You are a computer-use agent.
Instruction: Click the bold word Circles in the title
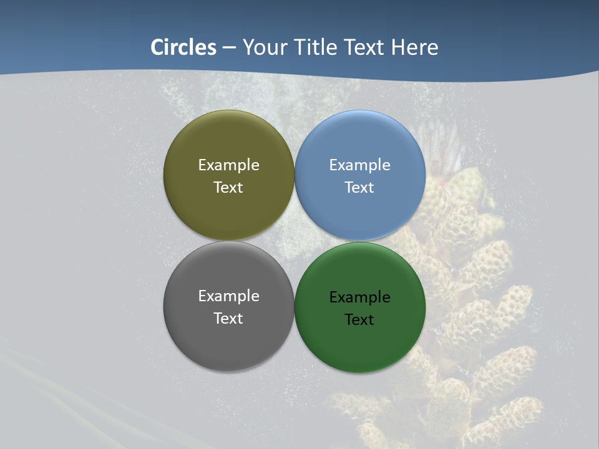tap(183, 47)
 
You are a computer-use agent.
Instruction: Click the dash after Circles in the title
tap(229, 48)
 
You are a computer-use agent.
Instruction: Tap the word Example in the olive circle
tap(228, 165)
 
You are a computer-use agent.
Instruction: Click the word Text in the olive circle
tap(228, 187)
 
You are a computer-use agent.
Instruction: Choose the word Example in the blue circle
tap(359, 165)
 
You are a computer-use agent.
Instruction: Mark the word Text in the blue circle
tap(359, 187)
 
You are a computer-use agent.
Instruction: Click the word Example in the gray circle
tap(228, 296)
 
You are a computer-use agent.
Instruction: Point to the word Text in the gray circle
tap(228, 318)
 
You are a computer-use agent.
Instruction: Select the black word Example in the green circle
tap(359, 297)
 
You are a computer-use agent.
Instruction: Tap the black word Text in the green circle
tap(359, 319)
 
